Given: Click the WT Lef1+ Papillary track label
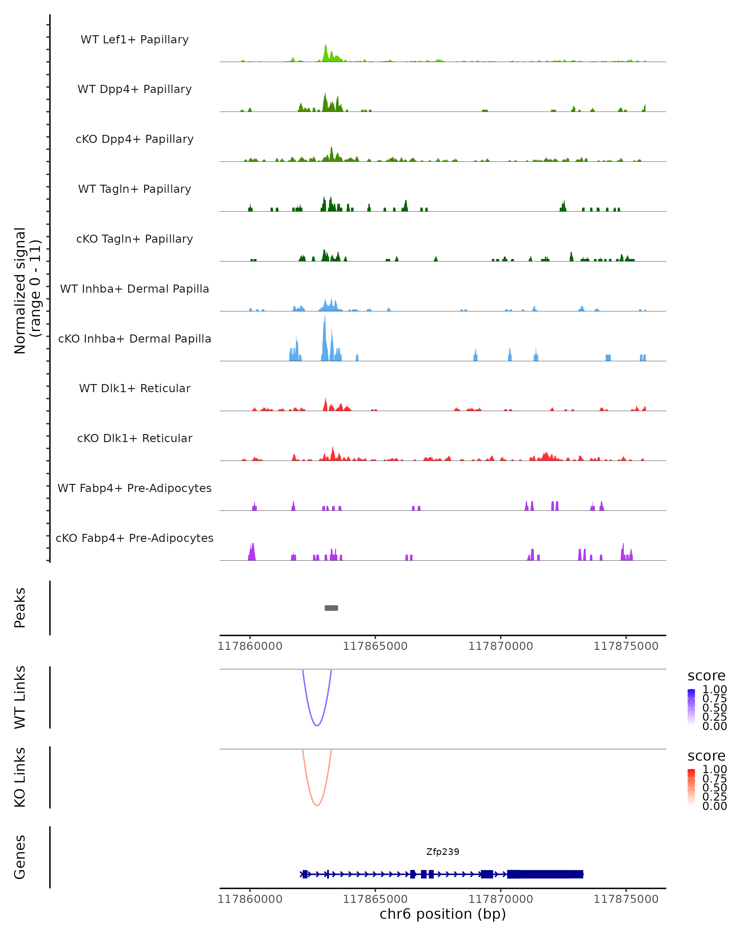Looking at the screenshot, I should click(x=135, y=40).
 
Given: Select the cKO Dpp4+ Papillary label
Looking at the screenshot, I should click(x=135, y=139).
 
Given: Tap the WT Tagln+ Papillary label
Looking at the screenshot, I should click(x=135, y=189).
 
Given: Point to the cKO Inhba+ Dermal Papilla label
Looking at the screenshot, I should click(x=135, y=339).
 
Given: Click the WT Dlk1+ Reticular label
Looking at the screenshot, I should click(x=135, y=388).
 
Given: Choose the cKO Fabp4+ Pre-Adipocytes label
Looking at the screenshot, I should click(x=135, y=538).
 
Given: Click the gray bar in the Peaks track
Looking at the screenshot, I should click(x=331, y=608).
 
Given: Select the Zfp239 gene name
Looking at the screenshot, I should click(x=443, y=852).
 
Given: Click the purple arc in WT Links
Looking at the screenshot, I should click(x=317, y=725).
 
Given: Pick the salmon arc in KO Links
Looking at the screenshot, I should click(x=317, y=805).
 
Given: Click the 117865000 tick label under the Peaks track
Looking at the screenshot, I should click(x=375, y=646).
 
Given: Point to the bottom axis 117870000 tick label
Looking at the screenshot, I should click(x=500, y=899).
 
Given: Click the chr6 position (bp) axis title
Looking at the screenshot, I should click(x=443, y=914).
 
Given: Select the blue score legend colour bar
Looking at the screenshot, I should click(x=691, y=707).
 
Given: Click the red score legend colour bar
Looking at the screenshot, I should click(x=691, y=787).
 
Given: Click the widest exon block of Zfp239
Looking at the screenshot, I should click(x=545, y=874).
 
